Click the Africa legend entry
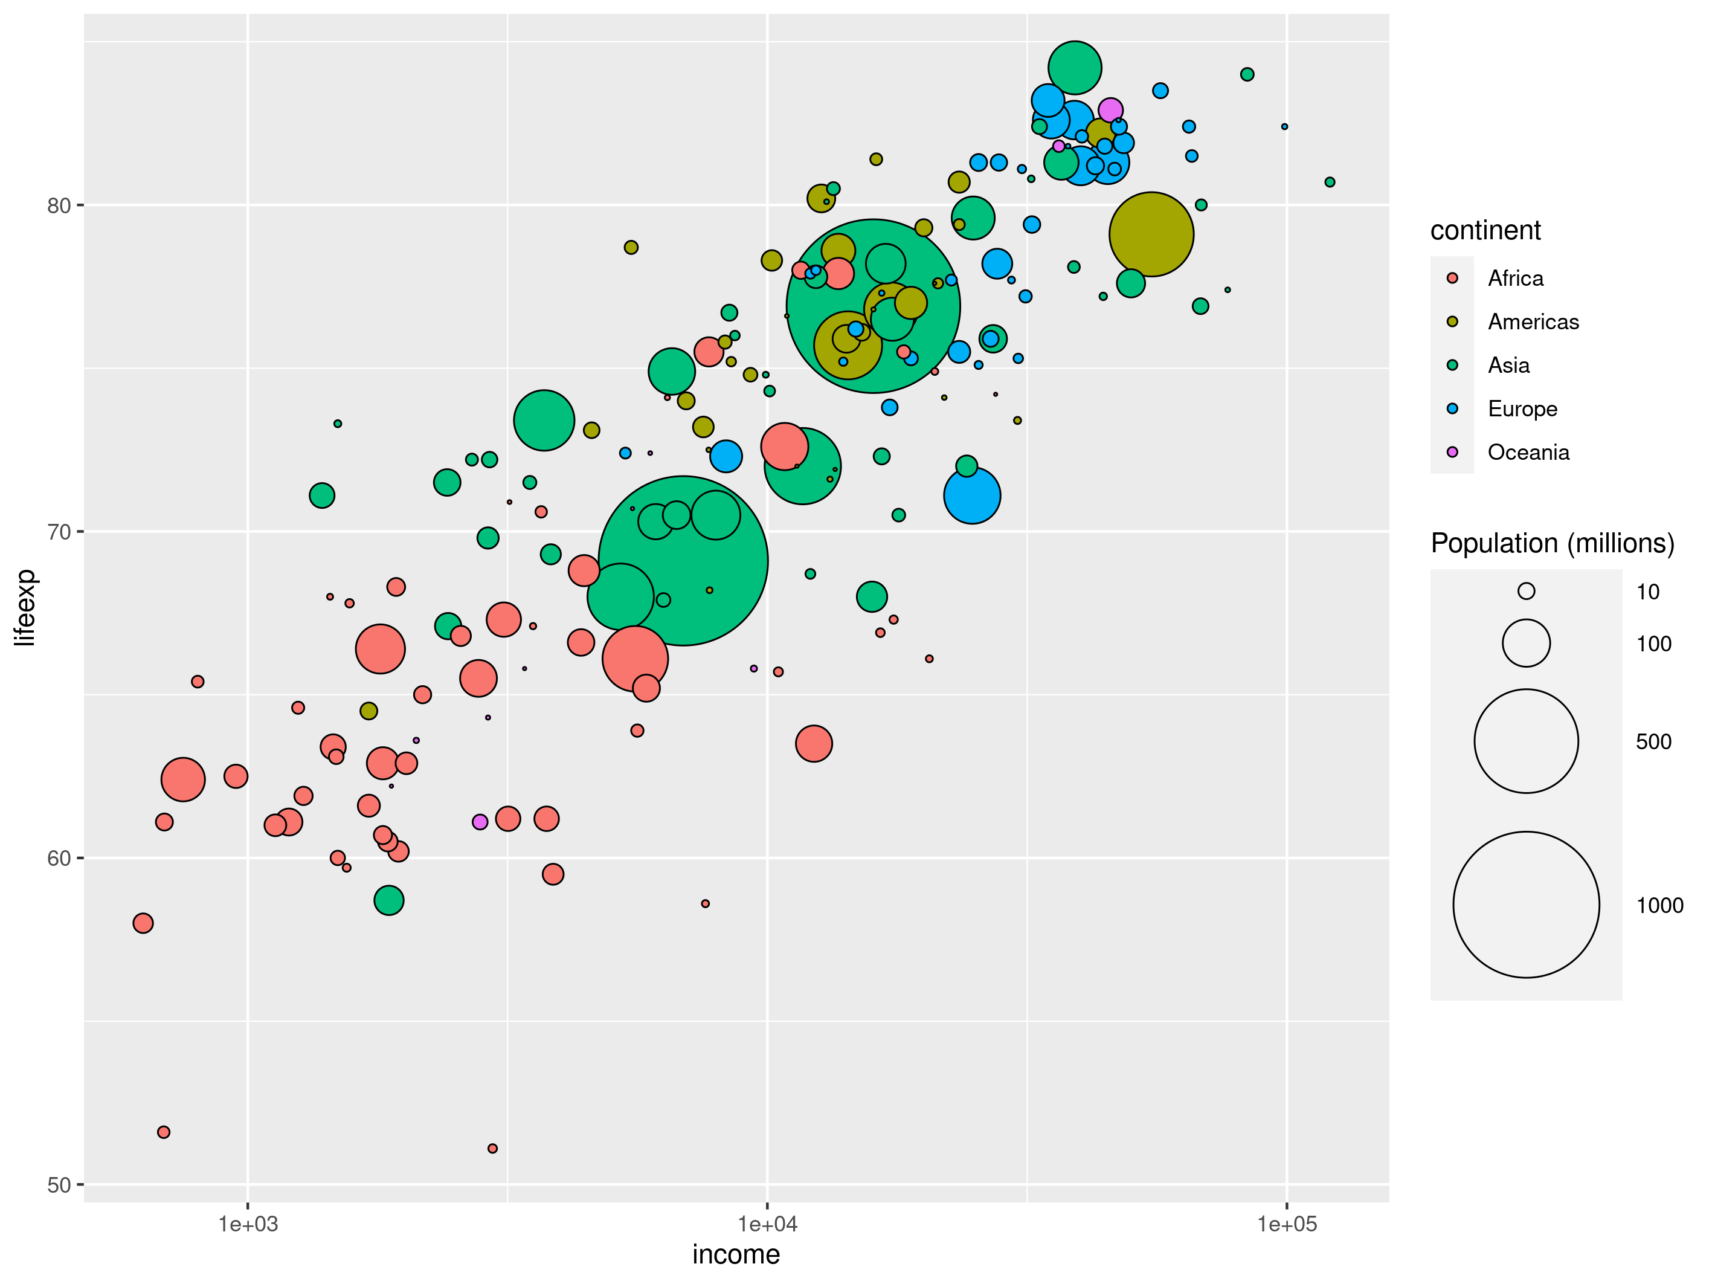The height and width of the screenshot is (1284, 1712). [x=1514, y=278]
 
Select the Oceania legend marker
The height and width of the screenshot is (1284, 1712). [x=1452, y=452]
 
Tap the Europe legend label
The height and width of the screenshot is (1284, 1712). [x=1522, y=408]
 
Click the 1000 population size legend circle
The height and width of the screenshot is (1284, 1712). [x=1525, y=904]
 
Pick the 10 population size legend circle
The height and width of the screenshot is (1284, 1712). [x=1525, y=592]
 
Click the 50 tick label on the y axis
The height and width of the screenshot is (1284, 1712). [x=59, y=1185]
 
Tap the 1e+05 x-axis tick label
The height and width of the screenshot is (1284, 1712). [x=1286, y=1224]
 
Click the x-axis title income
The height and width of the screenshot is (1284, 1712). [x=735, y=1254]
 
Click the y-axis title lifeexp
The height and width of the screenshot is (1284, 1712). [x=25, y=608]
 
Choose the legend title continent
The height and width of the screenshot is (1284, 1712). [x=1484, y=231]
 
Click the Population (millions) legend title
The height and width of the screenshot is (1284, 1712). [x=1552, y=543]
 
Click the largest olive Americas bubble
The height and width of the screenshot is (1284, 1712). [x=1151, y=234]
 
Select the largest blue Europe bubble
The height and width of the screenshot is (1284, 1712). [x=972, y=495]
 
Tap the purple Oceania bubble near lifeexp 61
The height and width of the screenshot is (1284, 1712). [x=480, y=822]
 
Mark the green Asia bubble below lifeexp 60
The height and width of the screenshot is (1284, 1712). [x=388, y=900]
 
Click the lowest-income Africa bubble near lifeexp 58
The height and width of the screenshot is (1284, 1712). [x=143, y=923]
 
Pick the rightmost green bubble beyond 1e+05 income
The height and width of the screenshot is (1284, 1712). [x=1330, y=182]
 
